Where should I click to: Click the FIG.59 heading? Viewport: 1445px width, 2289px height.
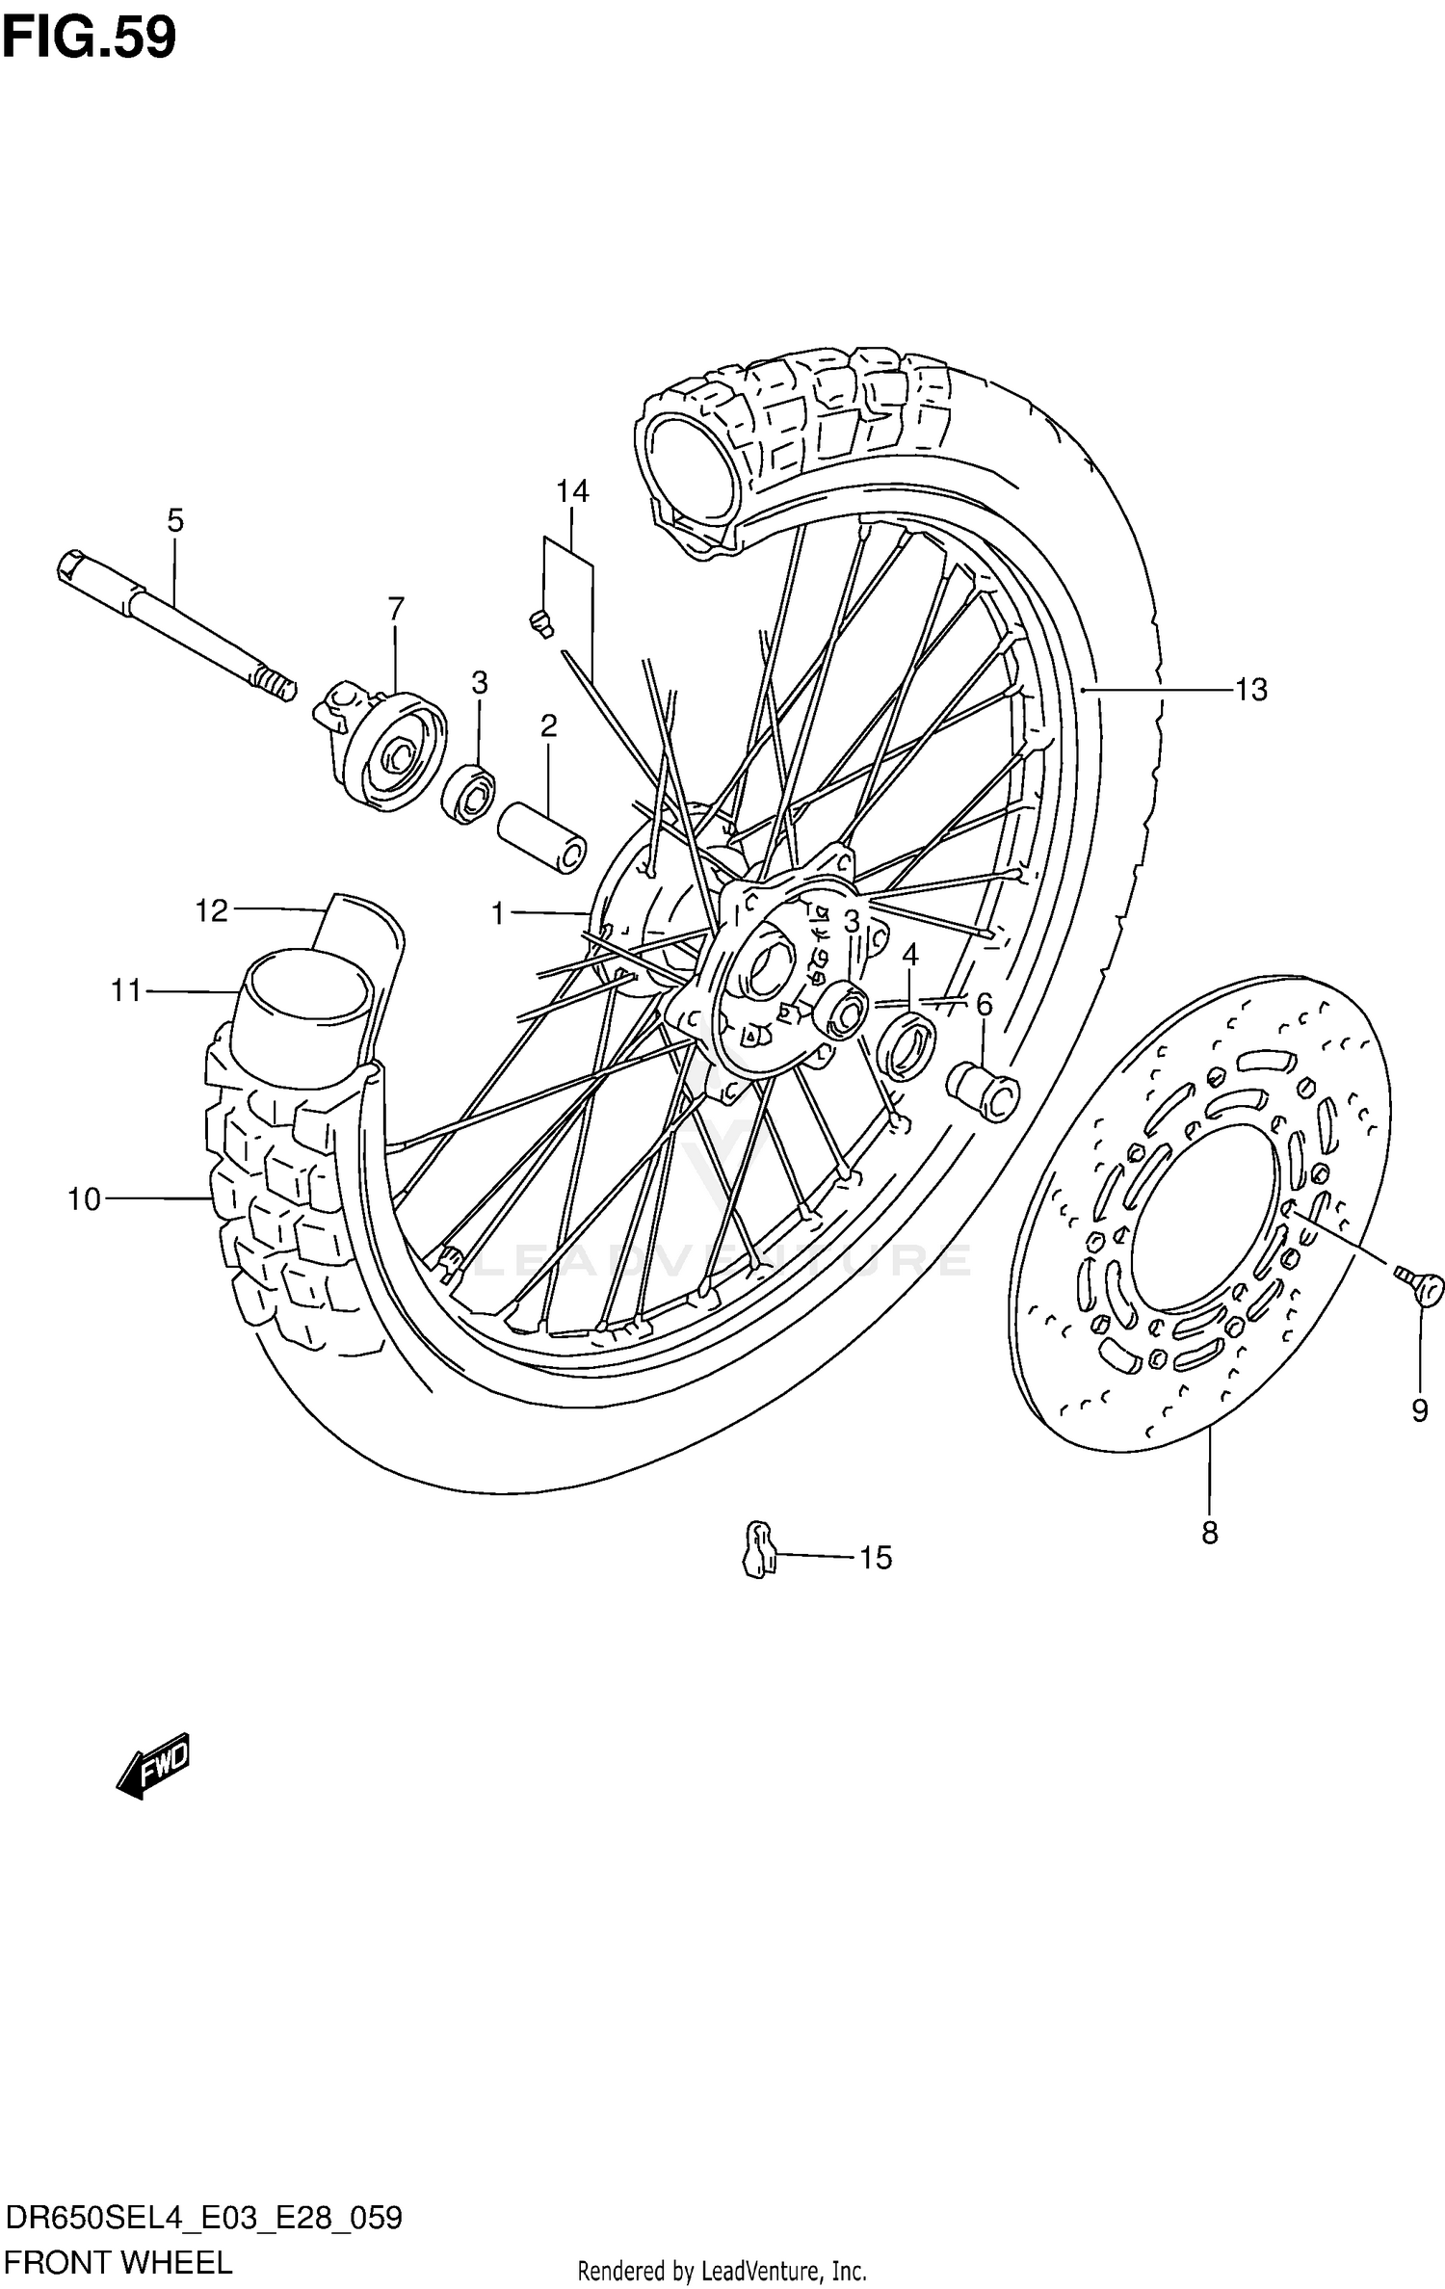(x=90, y=39)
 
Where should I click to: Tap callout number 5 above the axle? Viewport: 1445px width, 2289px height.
(x=174, y=521)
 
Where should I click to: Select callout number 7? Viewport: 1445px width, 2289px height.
(x=396, y=609)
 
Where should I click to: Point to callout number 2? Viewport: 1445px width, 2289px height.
(x=548, y=725)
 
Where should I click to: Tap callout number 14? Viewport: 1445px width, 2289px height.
(x=571, y=491)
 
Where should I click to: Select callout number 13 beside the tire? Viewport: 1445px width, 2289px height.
(x=1251, y=690)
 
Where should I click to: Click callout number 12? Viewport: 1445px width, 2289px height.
(x=211, y=910)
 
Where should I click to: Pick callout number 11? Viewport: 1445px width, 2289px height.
(x=126, y=990)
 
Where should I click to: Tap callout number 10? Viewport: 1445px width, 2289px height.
(x=85, y=1199)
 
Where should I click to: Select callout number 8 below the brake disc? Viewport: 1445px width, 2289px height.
(x=1210, y=1532)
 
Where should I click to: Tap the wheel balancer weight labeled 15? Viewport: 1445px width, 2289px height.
(x=759, y=1549)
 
